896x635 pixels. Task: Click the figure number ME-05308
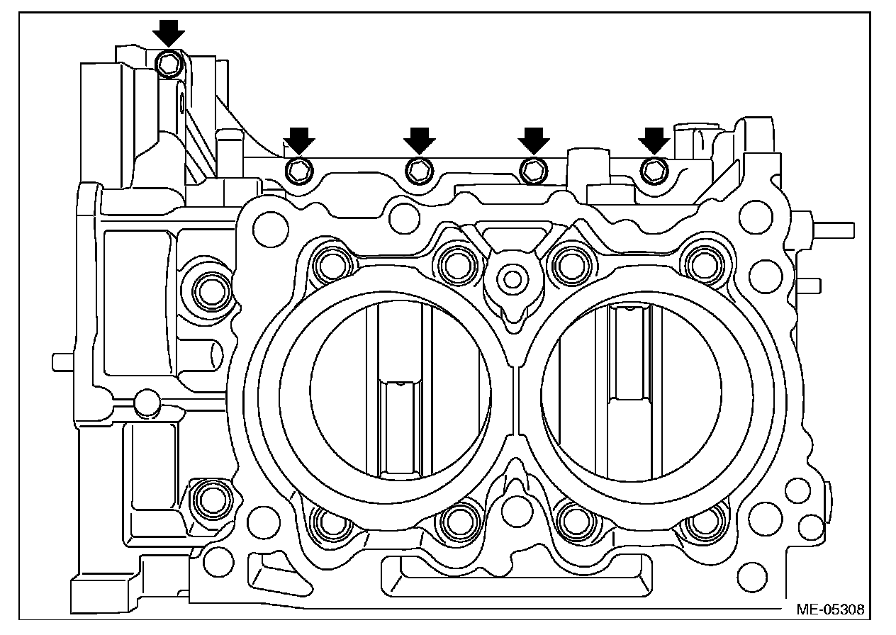click(x=829, y=608)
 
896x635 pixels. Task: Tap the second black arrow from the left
click(x=299, y=139)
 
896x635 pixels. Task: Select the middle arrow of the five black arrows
click(x=420, y=139)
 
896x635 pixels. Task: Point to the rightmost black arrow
click(x=654, y=139)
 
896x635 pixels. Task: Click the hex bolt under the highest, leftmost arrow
click(x=169, y=64)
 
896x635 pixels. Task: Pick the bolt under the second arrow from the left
click(x=298, y=170)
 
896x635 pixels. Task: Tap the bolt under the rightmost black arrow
click(x=654, y=169)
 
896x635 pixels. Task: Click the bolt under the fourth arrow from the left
click(x=533, y=169)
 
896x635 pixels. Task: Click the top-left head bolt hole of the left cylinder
click(x=331, y=264)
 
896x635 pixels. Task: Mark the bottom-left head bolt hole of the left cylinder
click(x=330, y=522)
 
